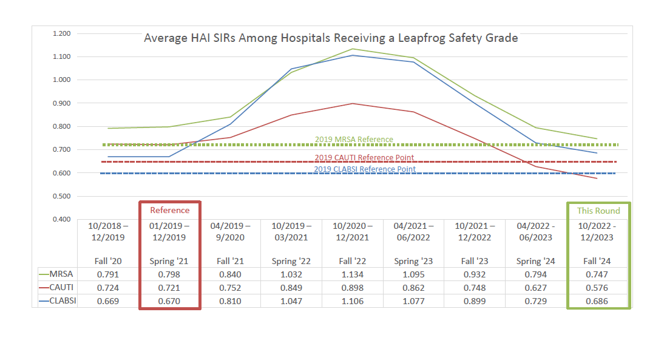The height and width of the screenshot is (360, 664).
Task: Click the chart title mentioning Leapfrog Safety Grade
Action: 331,38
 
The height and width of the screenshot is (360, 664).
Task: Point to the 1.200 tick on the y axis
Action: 61,33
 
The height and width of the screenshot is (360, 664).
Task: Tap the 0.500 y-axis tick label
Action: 61,196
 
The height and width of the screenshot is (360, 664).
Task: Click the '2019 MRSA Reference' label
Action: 354,140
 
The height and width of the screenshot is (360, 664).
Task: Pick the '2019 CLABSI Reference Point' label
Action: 365,169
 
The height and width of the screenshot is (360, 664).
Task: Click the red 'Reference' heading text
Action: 170,210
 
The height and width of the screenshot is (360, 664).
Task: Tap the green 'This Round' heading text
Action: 598,211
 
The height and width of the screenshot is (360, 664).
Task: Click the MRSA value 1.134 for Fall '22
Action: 353,274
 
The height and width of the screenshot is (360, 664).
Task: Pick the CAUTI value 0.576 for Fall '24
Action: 598,288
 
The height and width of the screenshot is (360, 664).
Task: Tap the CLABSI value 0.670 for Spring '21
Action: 170,301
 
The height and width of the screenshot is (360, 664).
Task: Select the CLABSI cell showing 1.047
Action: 291,301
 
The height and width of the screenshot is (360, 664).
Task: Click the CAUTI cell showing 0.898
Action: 353,288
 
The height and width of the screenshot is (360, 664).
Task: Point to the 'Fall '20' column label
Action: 108,261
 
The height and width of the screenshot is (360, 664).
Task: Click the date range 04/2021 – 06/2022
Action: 413,231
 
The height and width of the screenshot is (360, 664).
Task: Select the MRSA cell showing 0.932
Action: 475,274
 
